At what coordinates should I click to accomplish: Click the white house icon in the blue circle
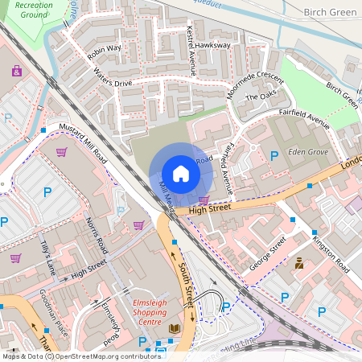(x=181, y=173)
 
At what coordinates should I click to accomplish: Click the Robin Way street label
(x=104, y=52)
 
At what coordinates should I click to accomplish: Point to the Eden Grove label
(x=310, y=150)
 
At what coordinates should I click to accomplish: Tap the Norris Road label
(x=96, y=234)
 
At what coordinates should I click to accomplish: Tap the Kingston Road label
(x=331, y=251)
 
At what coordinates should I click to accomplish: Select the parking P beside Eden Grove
(x=274, y=155)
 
